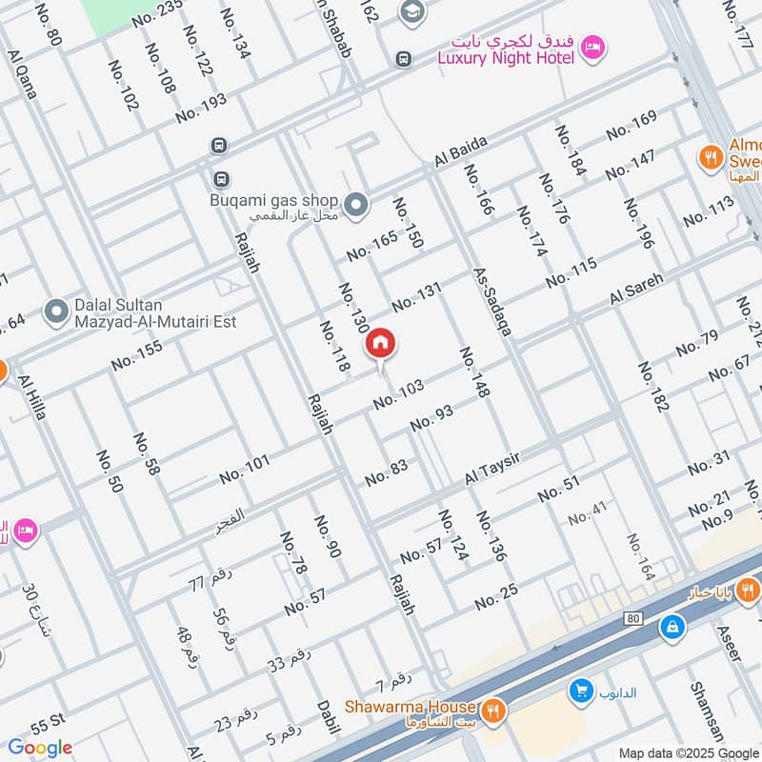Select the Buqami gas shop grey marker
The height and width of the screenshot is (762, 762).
click(x=355, y=203)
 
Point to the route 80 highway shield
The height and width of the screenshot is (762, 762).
click(x=631, y=618)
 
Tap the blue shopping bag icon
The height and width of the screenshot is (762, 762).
click(x=672, y=627)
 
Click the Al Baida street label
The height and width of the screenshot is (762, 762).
click(x=461, y=153)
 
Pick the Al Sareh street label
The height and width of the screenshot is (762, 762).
click(x=635, y=290)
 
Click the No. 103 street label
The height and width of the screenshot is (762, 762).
click(x=398, y=394)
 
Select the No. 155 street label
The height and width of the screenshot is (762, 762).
click(x=137, y=354)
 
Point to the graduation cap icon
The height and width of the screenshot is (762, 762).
click(x=411, y=11)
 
